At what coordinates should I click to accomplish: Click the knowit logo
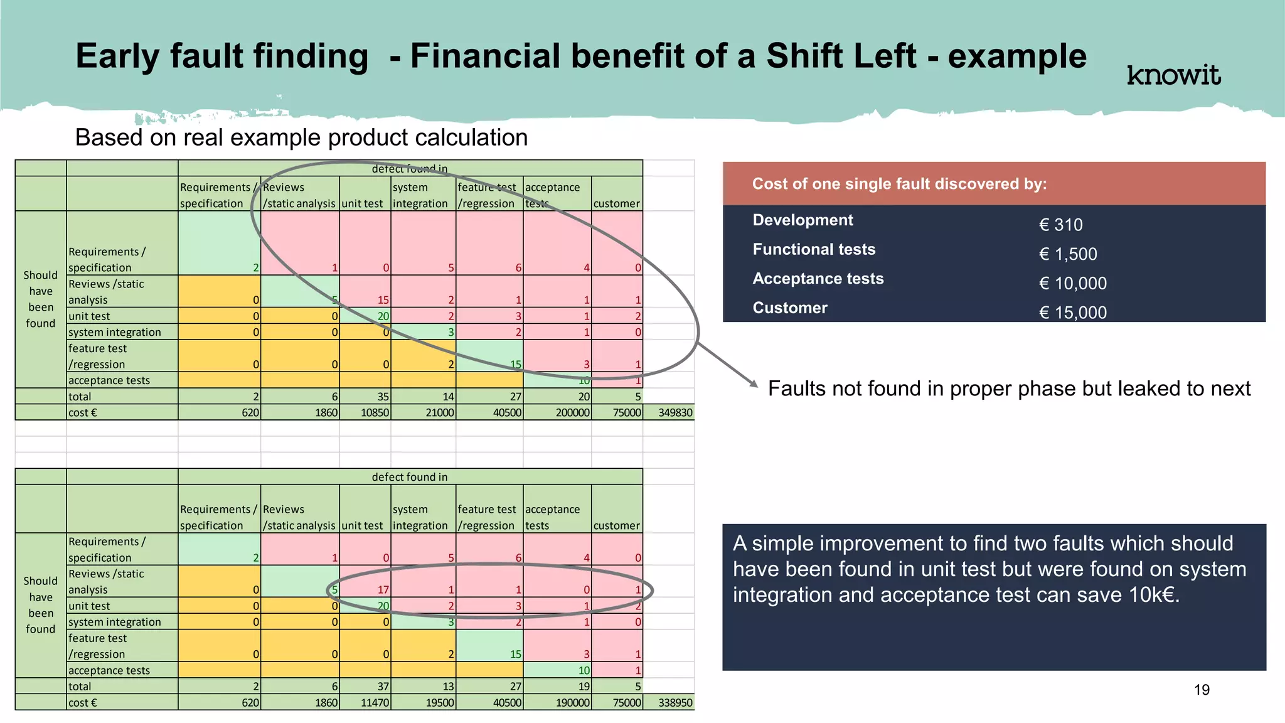click(x=1173, y=75)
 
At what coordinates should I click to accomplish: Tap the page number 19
click(x=1202, y=690)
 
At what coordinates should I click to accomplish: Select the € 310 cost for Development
click(x=1060, y=225)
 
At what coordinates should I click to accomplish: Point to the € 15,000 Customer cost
click(x=1072, y=313)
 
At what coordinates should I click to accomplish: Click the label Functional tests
click(x=814, y=249)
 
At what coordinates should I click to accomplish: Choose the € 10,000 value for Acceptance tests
click(x=1072, y=283)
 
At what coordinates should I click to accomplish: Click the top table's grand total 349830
click(x=675, y=412)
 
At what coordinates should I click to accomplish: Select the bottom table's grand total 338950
click(x=675, y=702)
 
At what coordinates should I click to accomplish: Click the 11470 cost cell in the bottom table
click(x=375, y=702)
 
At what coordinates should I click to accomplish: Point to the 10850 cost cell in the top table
click(x=375, y=412)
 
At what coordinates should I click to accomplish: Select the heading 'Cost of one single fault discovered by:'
click(x=899, y=184)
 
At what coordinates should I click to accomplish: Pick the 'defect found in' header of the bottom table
click(x=410, y=477)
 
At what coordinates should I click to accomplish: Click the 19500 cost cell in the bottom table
click(x=439, y=702)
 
